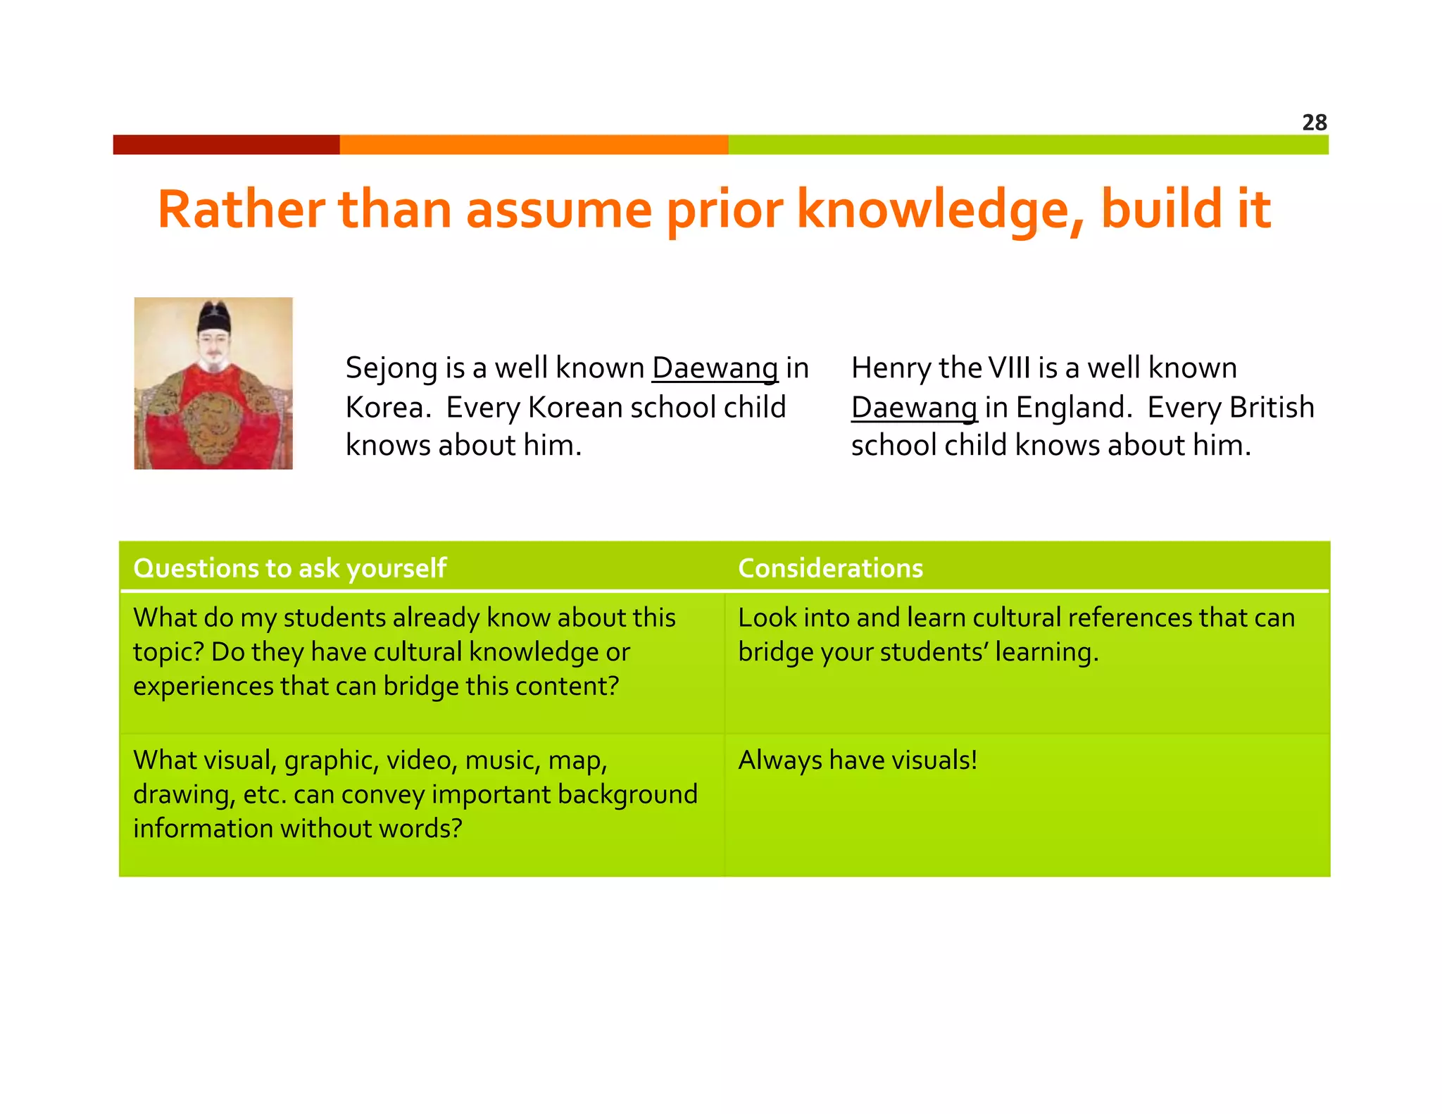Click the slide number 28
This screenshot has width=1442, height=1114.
pos(1314,123)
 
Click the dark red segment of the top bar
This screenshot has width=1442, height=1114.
pos(226,144)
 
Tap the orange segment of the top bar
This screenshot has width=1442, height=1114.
pos(534,144)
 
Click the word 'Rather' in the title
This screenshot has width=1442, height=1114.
pos(241,210)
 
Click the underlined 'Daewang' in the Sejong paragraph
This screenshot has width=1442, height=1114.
pos(715,368)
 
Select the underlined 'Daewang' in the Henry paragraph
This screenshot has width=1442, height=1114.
pos(914,408)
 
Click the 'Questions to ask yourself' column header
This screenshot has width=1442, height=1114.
pos(289,568)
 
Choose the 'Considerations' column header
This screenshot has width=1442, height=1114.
pos(830,568)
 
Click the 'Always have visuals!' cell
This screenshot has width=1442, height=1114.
pos(858,761)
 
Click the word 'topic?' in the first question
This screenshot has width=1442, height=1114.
pos(168,652)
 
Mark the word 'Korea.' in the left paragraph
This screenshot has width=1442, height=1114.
pos(388,408)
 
